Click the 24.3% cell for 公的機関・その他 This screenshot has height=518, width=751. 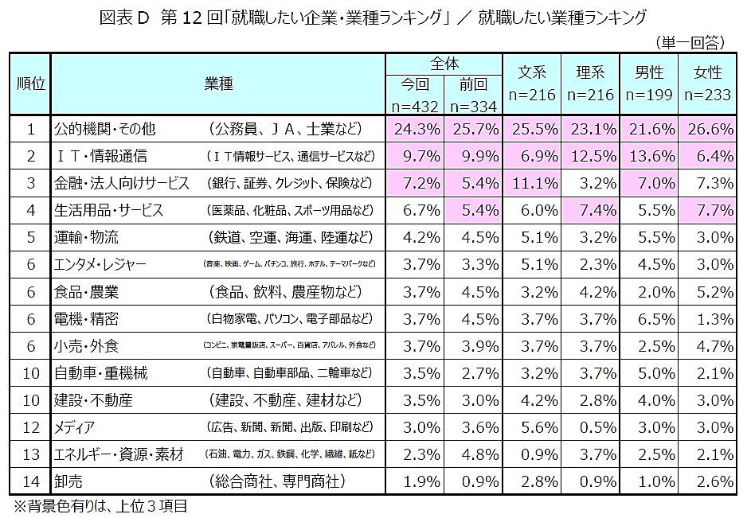click(414, 128)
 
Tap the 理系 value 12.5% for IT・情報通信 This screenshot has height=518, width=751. click(590, 156)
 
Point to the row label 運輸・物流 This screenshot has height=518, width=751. click(85, 238)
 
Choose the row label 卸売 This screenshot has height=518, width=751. click(68, 481)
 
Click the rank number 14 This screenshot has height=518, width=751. click(29, 481)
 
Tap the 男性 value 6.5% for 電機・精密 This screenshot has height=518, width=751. click(648, 319)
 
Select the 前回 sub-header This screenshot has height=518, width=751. click(473, 84)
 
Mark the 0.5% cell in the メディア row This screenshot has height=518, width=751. click(590, 427)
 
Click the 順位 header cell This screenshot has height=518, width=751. click(29, 84)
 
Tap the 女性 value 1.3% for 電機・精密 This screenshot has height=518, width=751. click(707, 319)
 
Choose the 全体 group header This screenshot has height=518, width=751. click(443, 63)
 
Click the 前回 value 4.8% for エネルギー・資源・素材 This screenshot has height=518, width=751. click(473, 454)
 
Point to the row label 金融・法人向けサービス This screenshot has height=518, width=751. click(120, 183)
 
